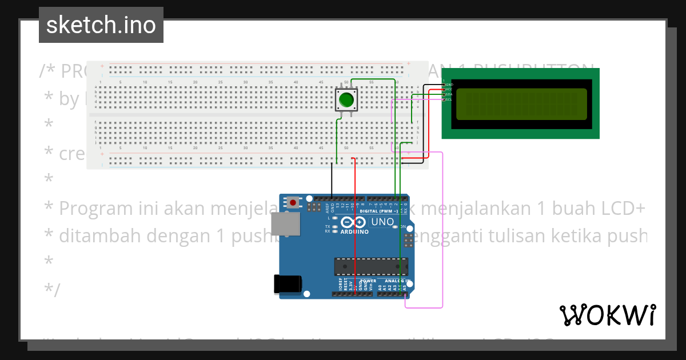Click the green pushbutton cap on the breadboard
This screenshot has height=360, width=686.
click(346, 100)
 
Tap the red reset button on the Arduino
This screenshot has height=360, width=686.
click(294, 202)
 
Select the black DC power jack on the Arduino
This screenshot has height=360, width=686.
click(286, 284)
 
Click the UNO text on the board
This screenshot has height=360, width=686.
click(382, 222)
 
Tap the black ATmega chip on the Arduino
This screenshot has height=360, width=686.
click(371, 266)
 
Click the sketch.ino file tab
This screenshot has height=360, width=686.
click(101, 25)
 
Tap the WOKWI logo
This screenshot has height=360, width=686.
click(608, 315)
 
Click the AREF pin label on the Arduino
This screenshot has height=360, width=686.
click(327, 206)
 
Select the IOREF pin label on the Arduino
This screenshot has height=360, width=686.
click(340, 285)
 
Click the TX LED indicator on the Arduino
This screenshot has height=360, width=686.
click(328, 226)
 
